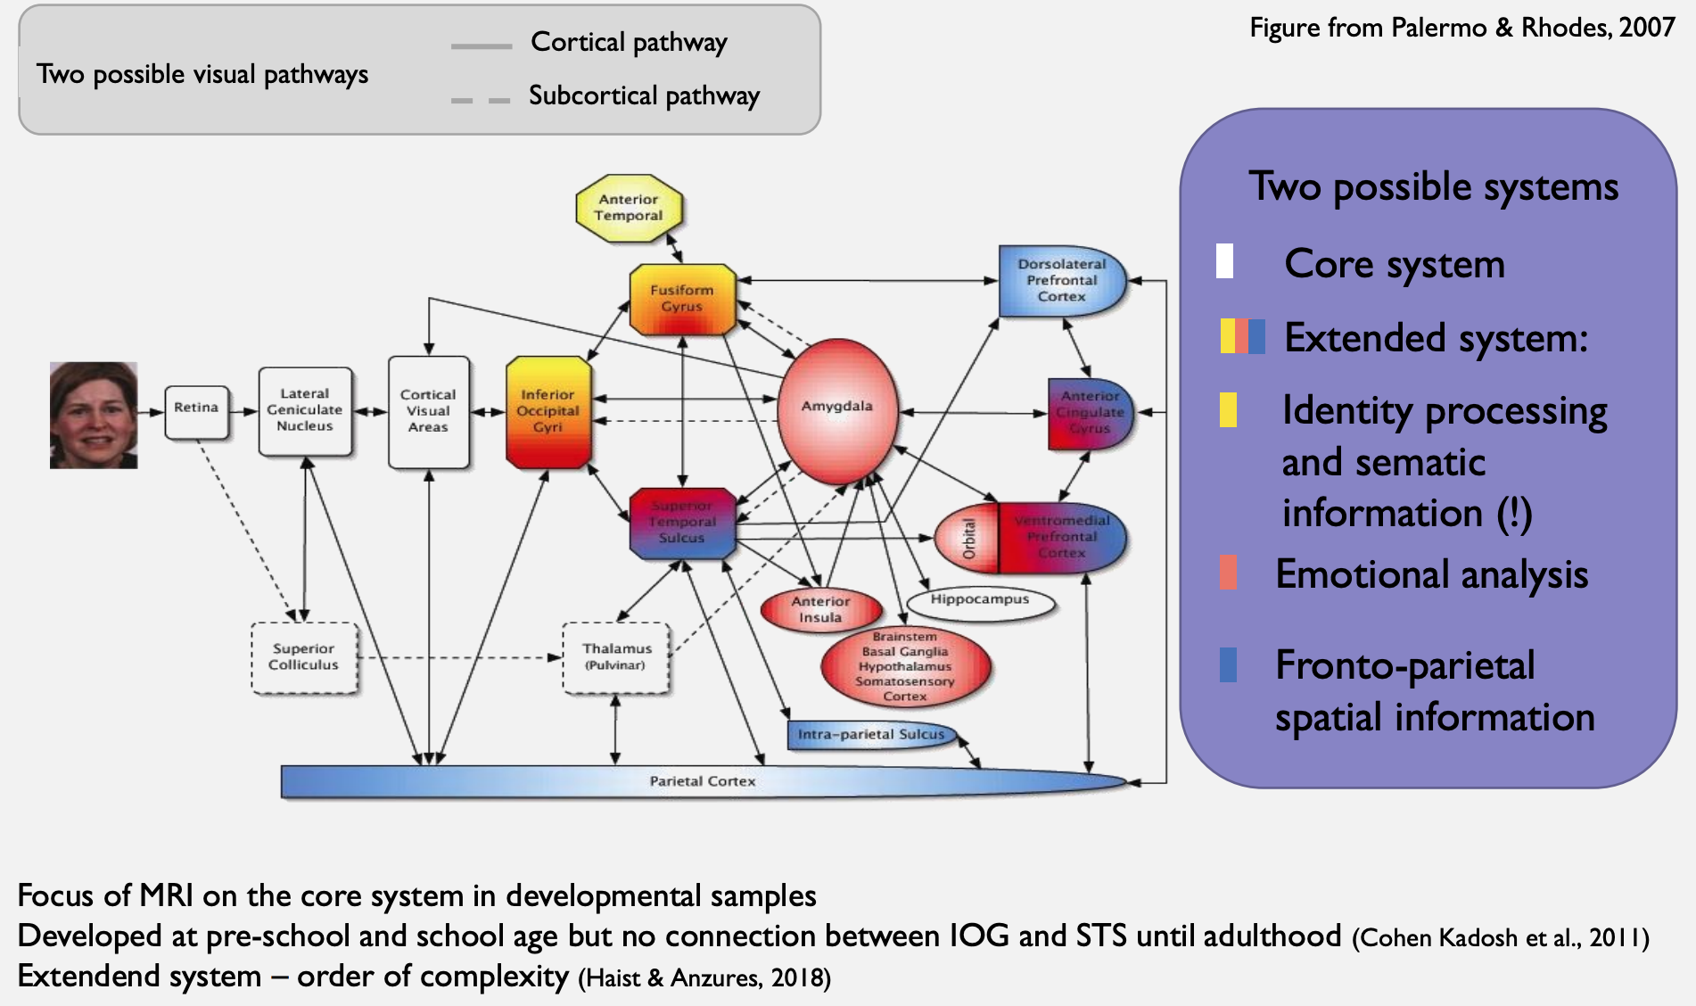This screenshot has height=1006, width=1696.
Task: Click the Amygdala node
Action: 836,410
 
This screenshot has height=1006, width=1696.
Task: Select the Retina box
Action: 196,411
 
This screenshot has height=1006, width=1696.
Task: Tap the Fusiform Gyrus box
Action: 682,299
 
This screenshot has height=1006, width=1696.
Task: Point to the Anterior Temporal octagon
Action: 629,208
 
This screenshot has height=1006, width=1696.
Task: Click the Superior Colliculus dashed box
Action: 304,657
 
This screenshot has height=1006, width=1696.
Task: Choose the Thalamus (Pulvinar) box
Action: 616,657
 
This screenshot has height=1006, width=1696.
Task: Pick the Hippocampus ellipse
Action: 980,601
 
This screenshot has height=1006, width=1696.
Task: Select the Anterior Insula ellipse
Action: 820,610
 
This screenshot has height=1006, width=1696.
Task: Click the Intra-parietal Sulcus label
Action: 870,734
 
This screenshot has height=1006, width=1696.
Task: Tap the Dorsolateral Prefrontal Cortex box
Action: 1061,281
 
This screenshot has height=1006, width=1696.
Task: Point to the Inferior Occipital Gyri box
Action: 547,411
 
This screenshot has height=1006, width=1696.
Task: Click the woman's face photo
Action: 94,415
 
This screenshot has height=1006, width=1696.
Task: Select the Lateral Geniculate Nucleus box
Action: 305,410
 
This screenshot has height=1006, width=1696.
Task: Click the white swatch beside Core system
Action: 1225,261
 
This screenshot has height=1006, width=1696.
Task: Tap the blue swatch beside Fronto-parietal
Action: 1228,664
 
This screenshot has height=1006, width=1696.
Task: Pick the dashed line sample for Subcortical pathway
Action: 481,100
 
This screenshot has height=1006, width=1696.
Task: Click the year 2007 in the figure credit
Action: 1646,28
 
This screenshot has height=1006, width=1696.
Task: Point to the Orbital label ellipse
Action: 968,539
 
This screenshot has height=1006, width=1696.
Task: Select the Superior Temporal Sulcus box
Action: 682,523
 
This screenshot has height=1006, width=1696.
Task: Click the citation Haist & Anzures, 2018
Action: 704,978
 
